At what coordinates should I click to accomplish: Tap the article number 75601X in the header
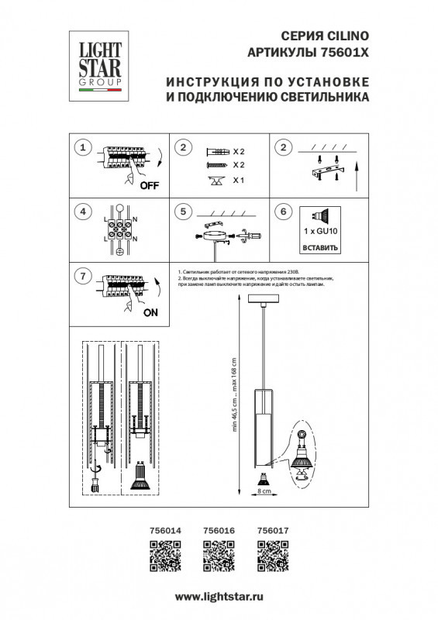(343, 51)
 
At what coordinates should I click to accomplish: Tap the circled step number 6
(284, 211)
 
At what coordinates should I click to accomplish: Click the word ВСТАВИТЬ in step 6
(319, 249)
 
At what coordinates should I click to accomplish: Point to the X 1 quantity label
(239, 181)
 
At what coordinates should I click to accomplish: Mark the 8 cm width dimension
(264, 491)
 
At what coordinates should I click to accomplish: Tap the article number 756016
(218, 530)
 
